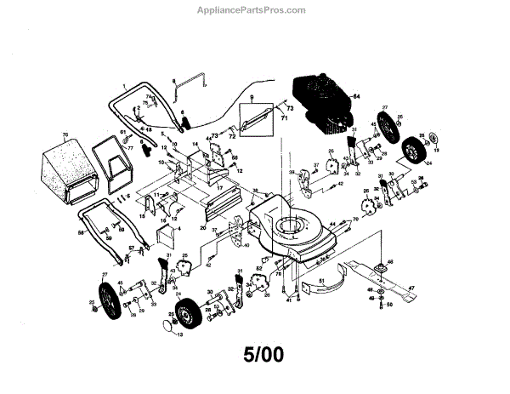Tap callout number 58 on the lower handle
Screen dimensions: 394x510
(x=82, y=231)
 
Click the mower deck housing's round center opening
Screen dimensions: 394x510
(x=289, y=228)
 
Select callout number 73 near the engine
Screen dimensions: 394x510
(x=288, y=111)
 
